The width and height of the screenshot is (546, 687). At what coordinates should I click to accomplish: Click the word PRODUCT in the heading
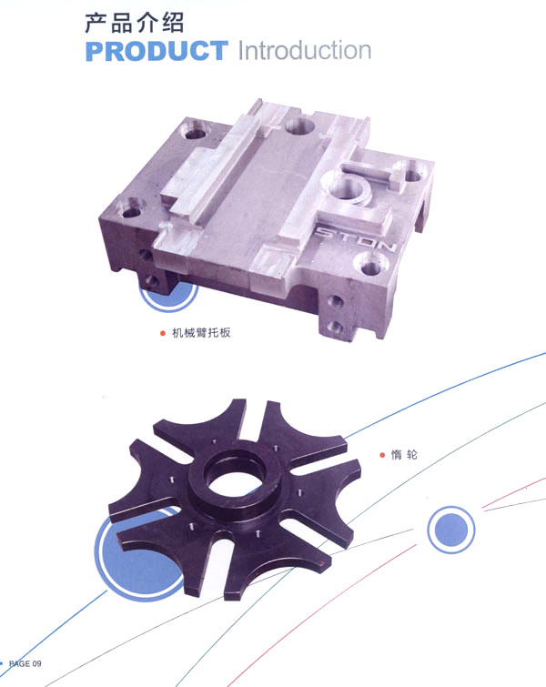point(157,51)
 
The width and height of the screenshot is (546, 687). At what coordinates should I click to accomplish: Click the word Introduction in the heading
point(305,50)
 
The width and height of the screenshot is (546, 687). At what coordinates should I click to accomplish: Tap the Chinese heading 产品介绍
point(134,23)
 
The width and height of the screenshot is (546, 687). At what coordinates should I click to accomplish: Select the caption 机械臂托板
point(201,332)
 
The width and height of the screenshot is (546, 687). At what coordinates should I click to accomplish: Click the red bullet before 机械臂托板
point(163,333)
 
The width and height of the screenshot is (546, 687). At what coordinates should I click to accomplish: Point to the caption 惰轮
point(404,455)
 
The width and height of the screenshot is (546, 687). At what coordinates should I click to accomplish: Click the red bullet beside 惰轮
point(382,455)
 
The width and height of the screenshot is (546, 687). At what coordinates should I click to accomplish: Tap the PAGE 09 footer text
point(25,663)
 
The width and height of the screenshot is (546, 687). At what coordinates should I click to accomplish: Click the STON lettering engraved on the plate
point(356,238)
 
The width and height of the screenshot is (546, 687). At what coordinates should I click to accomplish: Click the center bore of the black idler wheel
point(232,473)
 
